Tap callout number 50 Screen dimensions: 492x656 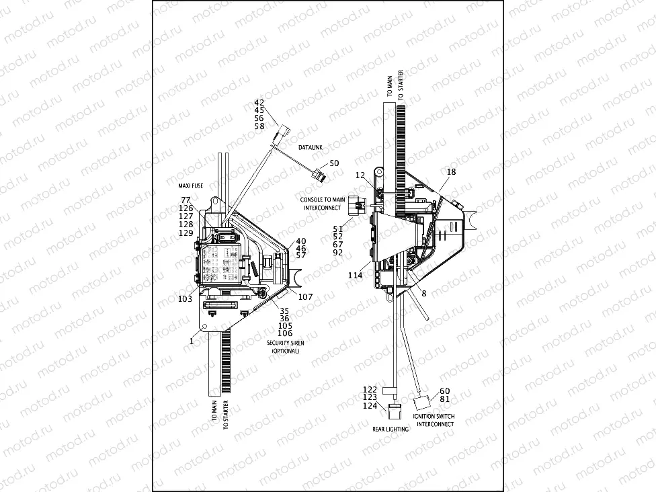334,164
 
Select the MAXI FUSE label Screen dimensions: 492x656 186,186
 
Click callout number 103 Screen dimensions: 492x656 185,298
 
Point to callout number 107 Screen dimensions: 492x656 306,297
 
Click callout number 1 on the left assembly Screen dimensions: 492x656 192,341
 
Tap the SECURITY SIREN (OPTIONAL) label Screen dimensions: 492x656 286,347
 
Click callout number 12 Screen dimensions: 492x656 360,175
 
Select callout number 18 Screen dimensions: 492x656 451,173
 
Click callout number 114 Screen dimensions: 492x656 355,276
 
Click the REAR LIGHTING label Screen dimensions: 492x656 391,428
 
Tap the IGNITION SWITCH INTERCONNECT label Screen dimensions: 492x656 434,420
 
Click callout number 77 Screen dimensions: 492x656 186,200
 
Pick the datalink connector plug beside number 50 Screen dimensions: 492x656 320,176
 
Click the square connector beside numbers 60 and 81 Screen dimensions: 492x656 423,403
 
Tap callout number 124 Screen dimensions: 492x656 370,406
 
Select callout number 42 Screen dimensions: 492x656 259,103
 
